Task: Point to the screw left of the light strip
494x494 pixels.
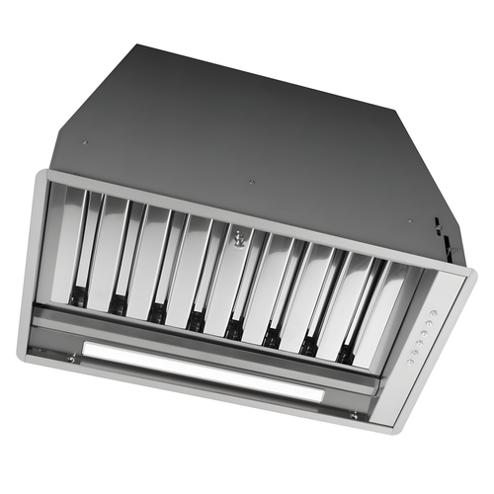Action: coord(71,360)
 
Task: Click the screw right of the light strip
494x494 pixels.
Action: coord(352,416)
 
